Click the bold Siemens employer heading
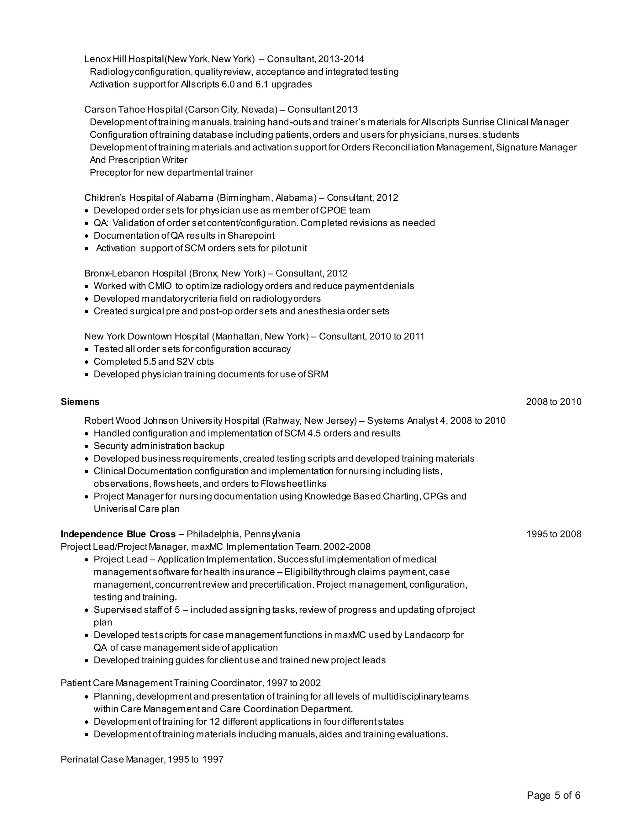tap(80, 402)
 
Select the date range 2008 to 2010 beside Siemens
tap(553, 402)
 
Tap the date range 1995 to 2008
tap(553, 534)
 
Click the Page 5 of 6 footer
tap(553, 795)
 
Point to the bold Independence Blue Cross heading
tap(118, 534)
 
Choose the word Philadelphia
tap(213, 534)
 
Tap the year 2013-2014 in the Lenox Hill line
tap(341, 59)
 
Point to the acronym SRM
tap(318, 374)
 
